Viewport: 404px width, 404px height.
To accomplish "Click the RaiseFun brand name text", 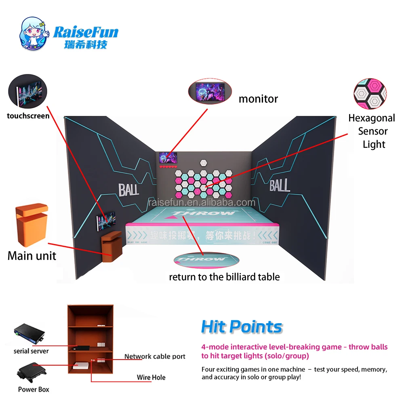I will (x=86, y=32).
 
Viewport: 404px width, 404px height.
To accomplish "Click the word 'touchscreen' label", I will (x=28, y=116).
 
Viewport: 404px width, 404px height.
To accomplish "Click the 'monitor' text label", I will (x=258, y=99).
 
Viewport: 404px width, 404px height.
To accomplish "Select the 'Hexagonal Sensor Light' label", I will (x=372, y=131).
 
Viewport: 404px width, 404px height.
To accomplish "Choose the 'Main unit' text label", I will (x=32, y=255).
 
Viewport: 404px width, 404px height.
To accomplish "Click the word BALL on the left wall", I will (x=129, y=189).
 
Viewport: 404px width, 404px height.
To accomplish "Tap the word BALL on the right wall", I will (x=280, y=185).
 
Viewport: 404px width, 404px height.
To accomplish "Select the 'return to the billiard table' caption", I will (x=224, y=277).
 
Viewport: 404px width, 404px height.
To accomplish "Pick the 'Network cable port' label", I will (x=155, y=356).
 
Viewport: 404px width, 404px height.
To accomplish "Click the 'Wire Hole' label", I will (x=151, y=377).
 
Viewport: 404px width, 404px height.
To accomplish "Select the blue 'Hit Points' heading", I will (x=242, y=327).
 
